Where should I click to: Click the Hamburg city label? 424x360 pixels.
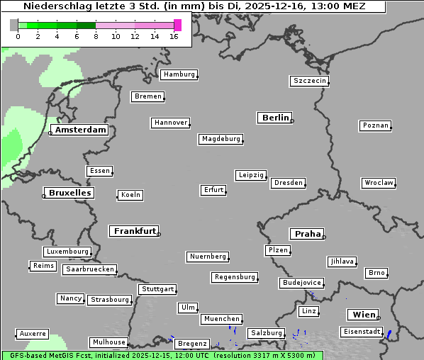click(x=179, y=74)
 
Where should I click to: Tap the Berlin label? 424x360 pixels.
click(x=275, y=118)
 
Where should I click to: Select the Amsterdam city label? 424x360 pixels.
click(x=81, y=130)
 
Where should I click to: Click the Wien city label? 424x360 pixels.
click(x=364, y=315)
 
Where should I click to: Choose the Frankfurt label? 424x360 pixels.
click(x=135, y=231)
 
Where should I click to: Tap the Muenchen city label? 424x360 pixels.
click(x=221, y=320)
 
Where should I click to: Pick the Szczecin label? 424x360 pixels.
click(x=310, y=81)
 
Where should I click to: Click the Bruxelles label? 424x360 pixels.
click(x=69, y=193)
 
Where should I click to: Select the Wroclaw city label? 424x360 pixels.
click(x=379, y=183)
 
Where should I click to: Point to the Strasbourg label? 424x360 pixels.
click(x=110, y=300)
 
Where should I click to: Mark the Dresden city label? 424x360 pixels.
click(x=289, y=183)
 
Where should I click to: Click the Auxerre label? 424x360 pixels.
click(x=33, y=333)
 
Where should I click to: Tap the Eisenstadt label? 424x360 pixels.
click(x=361, y=332)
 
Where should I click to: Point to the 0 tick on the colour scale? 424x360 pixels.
click(x=18, y=37)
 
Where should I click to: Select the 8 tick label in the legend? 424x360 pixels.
click(x=96, y=37)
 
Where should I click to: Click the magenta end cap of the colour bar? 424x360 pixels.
click(x=177, y=25)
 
